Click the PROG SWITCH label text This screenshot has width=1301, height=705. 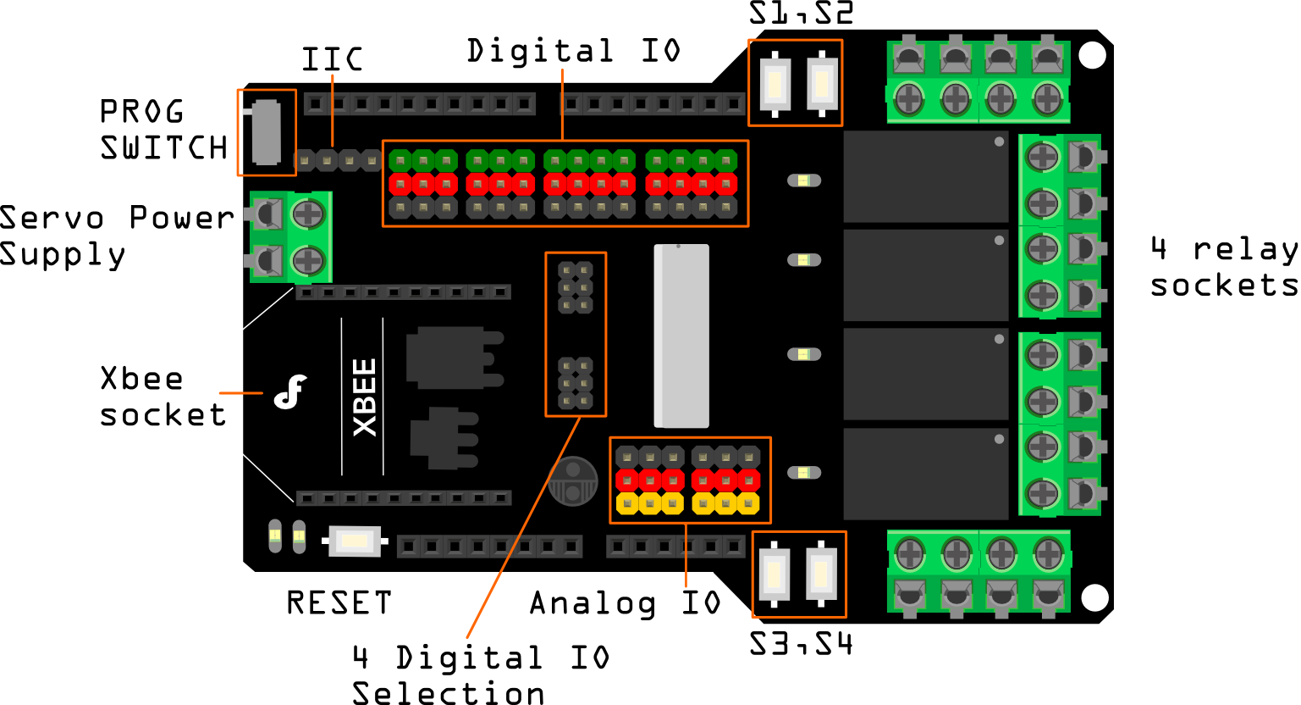[x=163, y=130]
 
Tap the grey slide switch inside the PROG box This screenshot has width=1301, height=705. [x=267, y=133]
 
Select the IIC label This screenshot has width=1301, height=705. [x=333, y=60]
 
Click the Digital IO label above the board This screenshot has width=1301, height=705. [x=574, y=52]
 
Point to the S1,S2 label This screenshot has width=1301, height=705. [x=801, y=14]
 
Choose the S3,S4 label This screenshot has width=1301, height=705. [x=801, y=645]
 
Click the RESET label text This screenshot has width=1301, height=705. [x=339, y=603]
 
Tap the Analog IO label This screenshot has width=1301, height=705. [x=625, y=603]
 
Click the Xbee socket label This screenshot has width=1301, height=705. [x=163, y=397]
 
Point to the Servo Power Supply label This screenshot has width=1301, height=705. [x=117, y=236]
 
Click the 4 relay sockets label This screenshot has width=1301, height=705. [x=1224, y=267]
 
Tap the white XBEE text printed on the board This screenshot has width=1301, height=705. [x=365, y=397]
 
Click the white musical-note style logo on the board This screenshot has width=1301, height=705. [x=290, y=391]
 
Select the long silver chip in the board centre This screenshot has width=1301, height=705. [x=681, y=336]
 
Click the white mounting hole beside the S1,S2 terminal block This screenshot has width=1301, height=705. [x=1093, y=56]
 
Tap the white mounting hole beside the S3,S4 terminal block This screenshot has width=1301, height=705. [x=1095, y=597]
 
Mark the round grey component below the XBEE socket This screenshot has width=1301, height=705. [x=573, y=480]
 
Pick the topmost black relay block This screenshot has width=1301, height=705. [x=926, y=176]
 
